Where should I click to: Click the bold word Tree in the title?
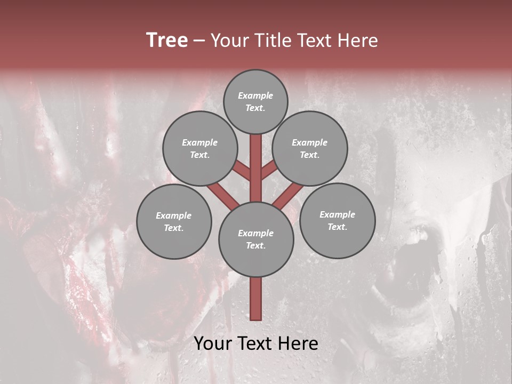167,41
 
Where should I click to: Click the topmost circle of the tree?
255,101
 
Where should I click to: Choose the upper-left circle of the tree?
200,148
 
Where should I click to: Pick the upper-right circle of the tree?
310,148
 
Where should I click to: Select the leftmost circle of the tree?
174,221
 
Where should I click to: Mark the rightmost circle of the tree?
338,220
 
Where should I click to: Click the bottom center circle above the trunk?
256,239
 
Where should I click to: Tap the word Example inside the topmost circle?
255,95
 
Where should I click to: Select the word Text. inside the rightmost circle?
338,227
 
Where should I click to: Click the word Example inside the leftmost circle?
174,215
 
